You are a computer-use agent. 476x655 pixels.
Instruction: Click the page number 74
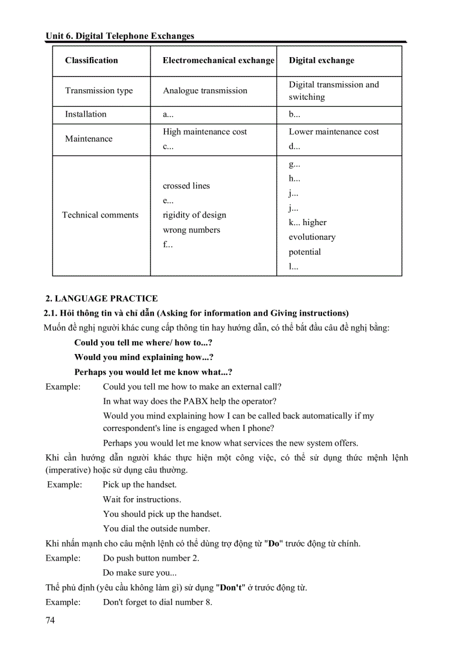(x=50, y=620)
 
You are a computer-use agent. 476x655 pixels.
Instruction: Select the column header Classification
(x=92, y=61)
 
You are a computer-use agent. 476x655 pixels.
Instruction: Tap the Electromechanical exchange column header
(x=218, y=61)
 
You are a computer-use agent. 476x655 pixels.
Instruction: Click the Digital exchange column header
(x=321, y=61)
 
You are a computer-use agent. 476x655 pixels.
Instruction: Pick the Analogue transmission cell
(x=205, y=91)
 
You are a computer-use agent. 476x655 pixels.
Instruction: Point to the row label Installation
(x=86, y=114)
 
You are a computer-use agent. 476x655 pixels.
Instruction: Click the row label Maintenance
(x=89, y=139)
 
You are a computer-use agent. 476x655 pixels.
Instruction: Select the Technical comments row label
(x=100, y=215)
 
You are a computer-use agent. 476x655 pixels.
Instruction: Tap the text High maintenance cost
(x=205, y=132)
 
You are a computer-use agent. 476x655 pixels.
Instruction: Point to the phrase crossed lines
(x=186, y=186)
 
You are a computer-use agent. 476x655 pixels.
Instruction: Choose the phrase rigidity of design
(x=194, y=215)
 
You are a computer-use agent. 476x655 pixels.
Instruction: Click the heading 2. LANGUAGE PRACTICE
(x=101, y=299)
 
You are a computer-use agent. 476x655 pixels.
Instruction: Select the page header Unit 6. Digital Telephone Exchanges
(x=120, y=36)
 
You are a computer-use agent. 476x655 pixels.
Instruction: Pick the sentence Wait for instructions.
(x=142, y=499)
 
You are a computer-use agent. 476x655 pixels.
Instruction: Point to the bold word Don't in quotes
(x=229, y=587)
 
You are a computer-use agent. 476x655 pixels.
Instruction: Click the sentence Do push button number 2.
(x=151, y=558)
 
